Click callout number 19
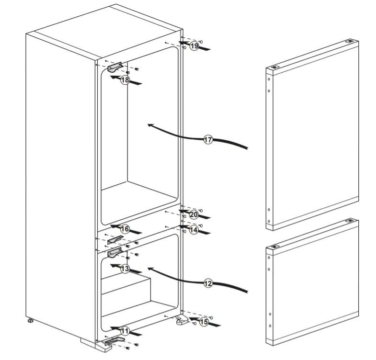pyautogui.click(x=194, y=46)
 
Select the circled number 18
pyautogui.click(x=125, y=80)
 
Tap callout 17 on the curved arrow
pyautogui.click(x=208, y=140)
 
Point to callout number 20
pyautogui.click(x=194, y=214)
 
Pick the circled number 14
pyautogui.click(x=194, y=230)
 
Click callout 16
pyautogui.click(x=125, y=229)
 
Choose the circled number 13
pyautogui.click(x=125, y=269)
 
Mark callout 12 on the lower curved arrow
pyautogui.click(x=208, y=283)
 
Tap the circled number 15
pyautogui.click(x=204, y=322)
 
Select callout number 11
pyautogui.click(x=125, y=330)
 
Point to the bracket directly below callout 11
pyautogui.click(x=114, y=340)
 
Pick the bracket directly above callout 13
pyautogui.click(x=115, y=251)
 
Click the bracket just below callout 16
pyautogui.click(x=116, y=239)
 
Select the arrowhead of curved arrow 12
pyautogui.click(x=150, y=270)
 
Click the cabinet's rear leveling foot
pyautogui.click(x=30, y=320)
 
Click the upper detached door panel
pyautogui.click(x=311, y=134)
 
